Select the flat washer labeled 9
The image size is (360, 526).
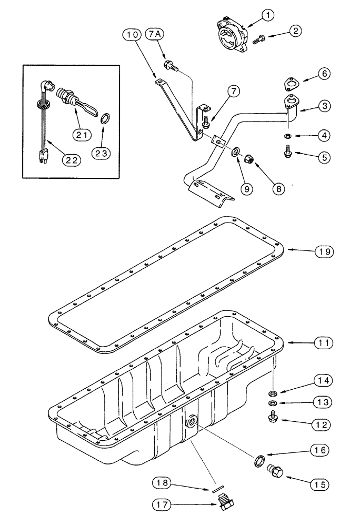[235, 153]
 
